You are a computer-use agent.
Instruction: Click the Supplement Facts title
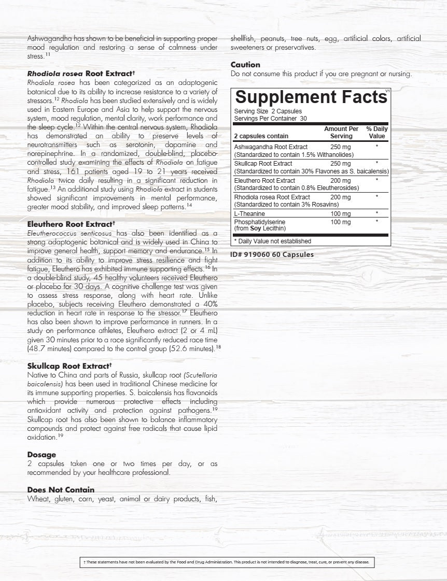point(311,97)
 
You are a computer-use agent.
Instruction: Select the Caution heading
point(245,65)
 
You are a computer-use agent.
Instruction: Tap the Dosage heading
point(41,455)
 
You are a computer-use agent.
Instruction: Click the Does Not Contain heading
point(61,490)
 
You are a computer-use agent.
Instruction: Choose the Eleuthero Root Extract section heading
point(71,224)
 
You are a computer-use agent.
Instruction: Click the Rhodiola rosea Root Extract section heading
point(81,74)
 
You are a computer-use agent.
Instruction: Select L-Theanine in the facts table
point(249,213)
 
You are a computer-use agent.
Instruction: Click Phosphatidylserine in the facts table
point(260,222)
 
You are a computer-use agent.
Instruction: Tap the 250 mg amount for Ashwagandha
point(340,147)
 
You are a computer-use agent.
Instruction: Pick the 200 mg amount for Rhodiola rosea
point(340,197)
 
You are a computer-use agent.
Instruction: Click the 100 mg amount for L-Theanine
point(340,213)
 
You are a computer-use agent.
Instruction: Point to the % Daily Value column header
point(376,133)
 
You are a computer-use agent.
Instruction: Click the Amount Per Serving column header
point(341,133)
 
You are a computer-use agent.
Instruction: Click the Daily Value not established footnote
point(273,241)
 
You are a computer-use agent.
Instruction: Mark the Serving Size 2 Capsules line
point(268,111)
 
